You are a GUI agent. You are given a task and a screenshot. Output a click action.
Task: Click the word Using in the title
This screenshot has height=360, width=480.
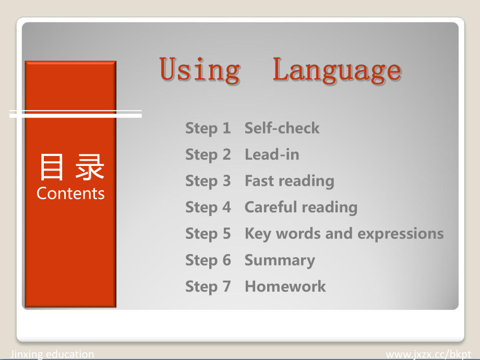click(200, 70)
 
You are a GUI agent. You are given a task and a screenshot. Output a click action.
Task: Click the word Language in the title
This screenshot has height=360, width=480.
click(337, 70)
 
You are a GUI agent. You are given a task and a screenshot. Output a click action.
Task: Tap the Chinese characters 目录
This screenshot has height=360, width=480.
click(72, 167)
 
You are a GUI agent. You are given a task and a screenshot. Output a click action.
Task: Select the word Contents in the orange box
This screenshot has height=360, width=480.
click(70, 194)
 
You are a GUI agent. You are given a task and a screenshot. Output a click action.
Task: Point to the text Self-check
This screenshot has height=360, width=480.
click(282, 128)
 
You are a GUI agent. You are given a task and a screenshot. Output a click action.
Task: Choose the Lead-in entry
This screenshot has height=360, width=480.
click(272, 154)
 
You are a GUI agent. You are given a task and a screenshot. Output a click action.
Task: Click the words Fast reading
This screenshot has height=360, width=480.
click(289, 181)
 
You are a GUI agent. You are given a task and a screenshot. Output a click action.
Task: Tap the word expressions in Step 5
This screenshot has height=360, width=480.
click(400, 234)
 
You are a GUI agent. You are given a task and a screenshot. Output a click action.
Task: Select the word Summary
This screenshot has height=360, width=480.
click(280, 261)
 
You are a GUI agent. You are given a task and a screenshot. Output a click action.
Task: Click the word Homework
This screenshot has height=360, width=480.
click(285, 286)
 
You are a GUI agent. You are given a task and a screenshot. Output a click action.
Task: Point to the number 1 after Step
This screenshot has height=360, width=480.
click(226, 128)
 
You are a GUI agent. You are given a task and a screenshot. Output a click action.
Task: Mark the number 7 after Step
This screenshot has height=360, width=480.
click(226, 286)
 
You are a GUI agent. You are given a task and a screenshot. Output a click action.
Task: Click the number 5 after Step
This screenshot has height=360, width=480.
click(226, 234)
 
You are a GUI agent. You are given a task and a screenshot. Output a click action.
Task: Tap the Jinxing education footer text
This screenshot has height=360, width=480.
click(52, 354)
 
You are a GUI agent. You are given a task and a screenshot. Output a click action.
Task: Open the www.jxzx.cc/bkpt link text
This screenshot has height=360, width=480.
click(428, 355)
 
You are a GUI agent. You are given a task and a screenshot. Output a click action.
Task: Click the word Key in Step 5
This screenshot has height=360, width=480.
click(258, 234)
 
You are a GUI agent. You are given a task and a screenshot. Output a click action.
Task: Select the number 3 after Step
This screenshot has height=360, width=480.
click(226, 181)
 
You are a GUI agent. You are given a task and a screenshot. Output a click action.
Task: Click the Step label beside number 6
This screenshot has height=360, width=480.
click(201, 261)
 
